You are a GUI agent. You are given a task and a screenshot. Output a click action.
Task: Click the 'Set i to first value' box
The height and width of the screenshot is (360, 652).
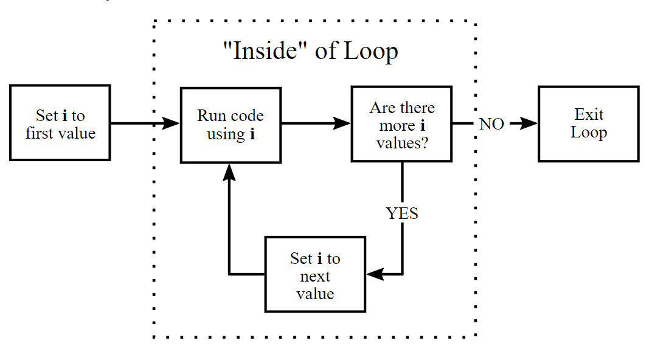point(60,123)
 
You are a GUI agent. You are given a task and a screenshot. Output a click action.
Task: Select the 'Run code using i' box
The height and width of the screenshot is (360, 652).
point(231,125)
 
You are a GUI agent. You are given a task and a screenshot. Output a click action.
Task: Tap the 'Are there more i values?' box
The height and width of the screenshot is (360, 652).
point(401,124)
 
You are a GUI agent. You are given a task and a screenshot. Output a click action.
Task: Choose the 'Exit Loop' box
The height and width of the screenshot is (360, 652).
point(588,123)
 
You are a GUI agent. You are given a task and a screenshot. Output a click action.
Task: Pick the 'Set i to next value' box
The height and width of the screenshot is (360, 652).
point(315,274)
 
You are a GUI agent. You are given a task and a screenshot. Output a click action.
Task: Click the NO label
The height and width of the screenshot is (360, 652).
point(491,124)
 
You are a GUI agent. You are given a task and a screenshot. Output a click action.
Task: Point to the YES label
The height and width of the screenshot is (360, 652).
point(402,213)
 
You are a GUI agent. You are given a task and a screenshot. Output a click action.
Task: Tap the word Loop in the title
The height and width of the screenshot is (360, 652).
point(371,51)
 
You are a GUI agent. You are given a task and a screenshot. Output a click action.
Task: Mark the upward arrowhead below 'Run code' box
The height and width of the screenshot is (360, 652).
point(229,172)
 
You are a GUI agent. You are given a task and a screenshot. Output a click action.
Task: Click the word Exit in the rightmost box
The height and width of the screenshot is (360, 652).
point(589,114)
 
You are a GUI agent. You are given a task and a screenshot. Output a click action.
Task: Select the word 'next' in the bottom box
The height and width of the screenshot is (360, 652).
point(315,277)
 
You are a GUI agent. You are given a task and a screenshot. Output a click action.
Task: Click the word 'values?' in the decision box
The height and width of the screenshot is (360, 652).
point(402,144)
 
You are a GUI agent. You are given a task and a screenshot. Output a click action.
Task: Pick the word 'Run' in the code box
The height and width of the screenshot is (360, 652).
point(209,116)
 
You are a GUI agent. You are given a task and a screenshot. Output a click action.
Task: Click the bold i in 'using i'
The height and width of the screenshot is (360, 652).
point(252,134)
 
